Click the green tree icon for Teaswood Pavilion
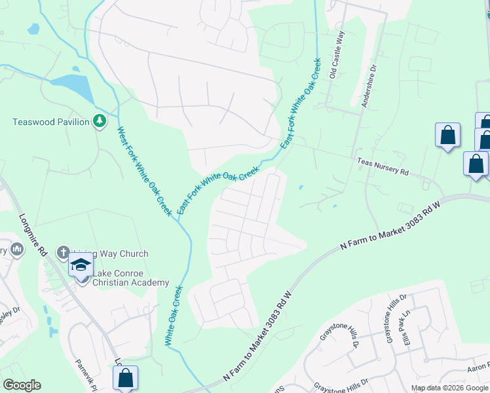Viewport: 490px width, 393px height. pyautogui.click(x=99, y=121)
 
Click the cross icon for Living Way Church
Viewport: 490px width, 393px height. pyautogui.click(x=63, y=252)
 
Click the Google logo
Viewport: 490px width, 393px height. pyautogui.click(x=22, y=385)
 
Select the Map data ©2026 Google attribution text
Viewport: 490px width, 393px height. pyautogui.click(x=449, y=388)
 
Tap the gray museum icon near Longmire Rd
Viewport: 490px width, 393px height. pyautogui.click(x=16, y=250)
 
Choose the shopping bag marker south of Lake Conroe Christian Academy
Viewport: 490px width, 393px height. pyautogui.click(x=125, y=377)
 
